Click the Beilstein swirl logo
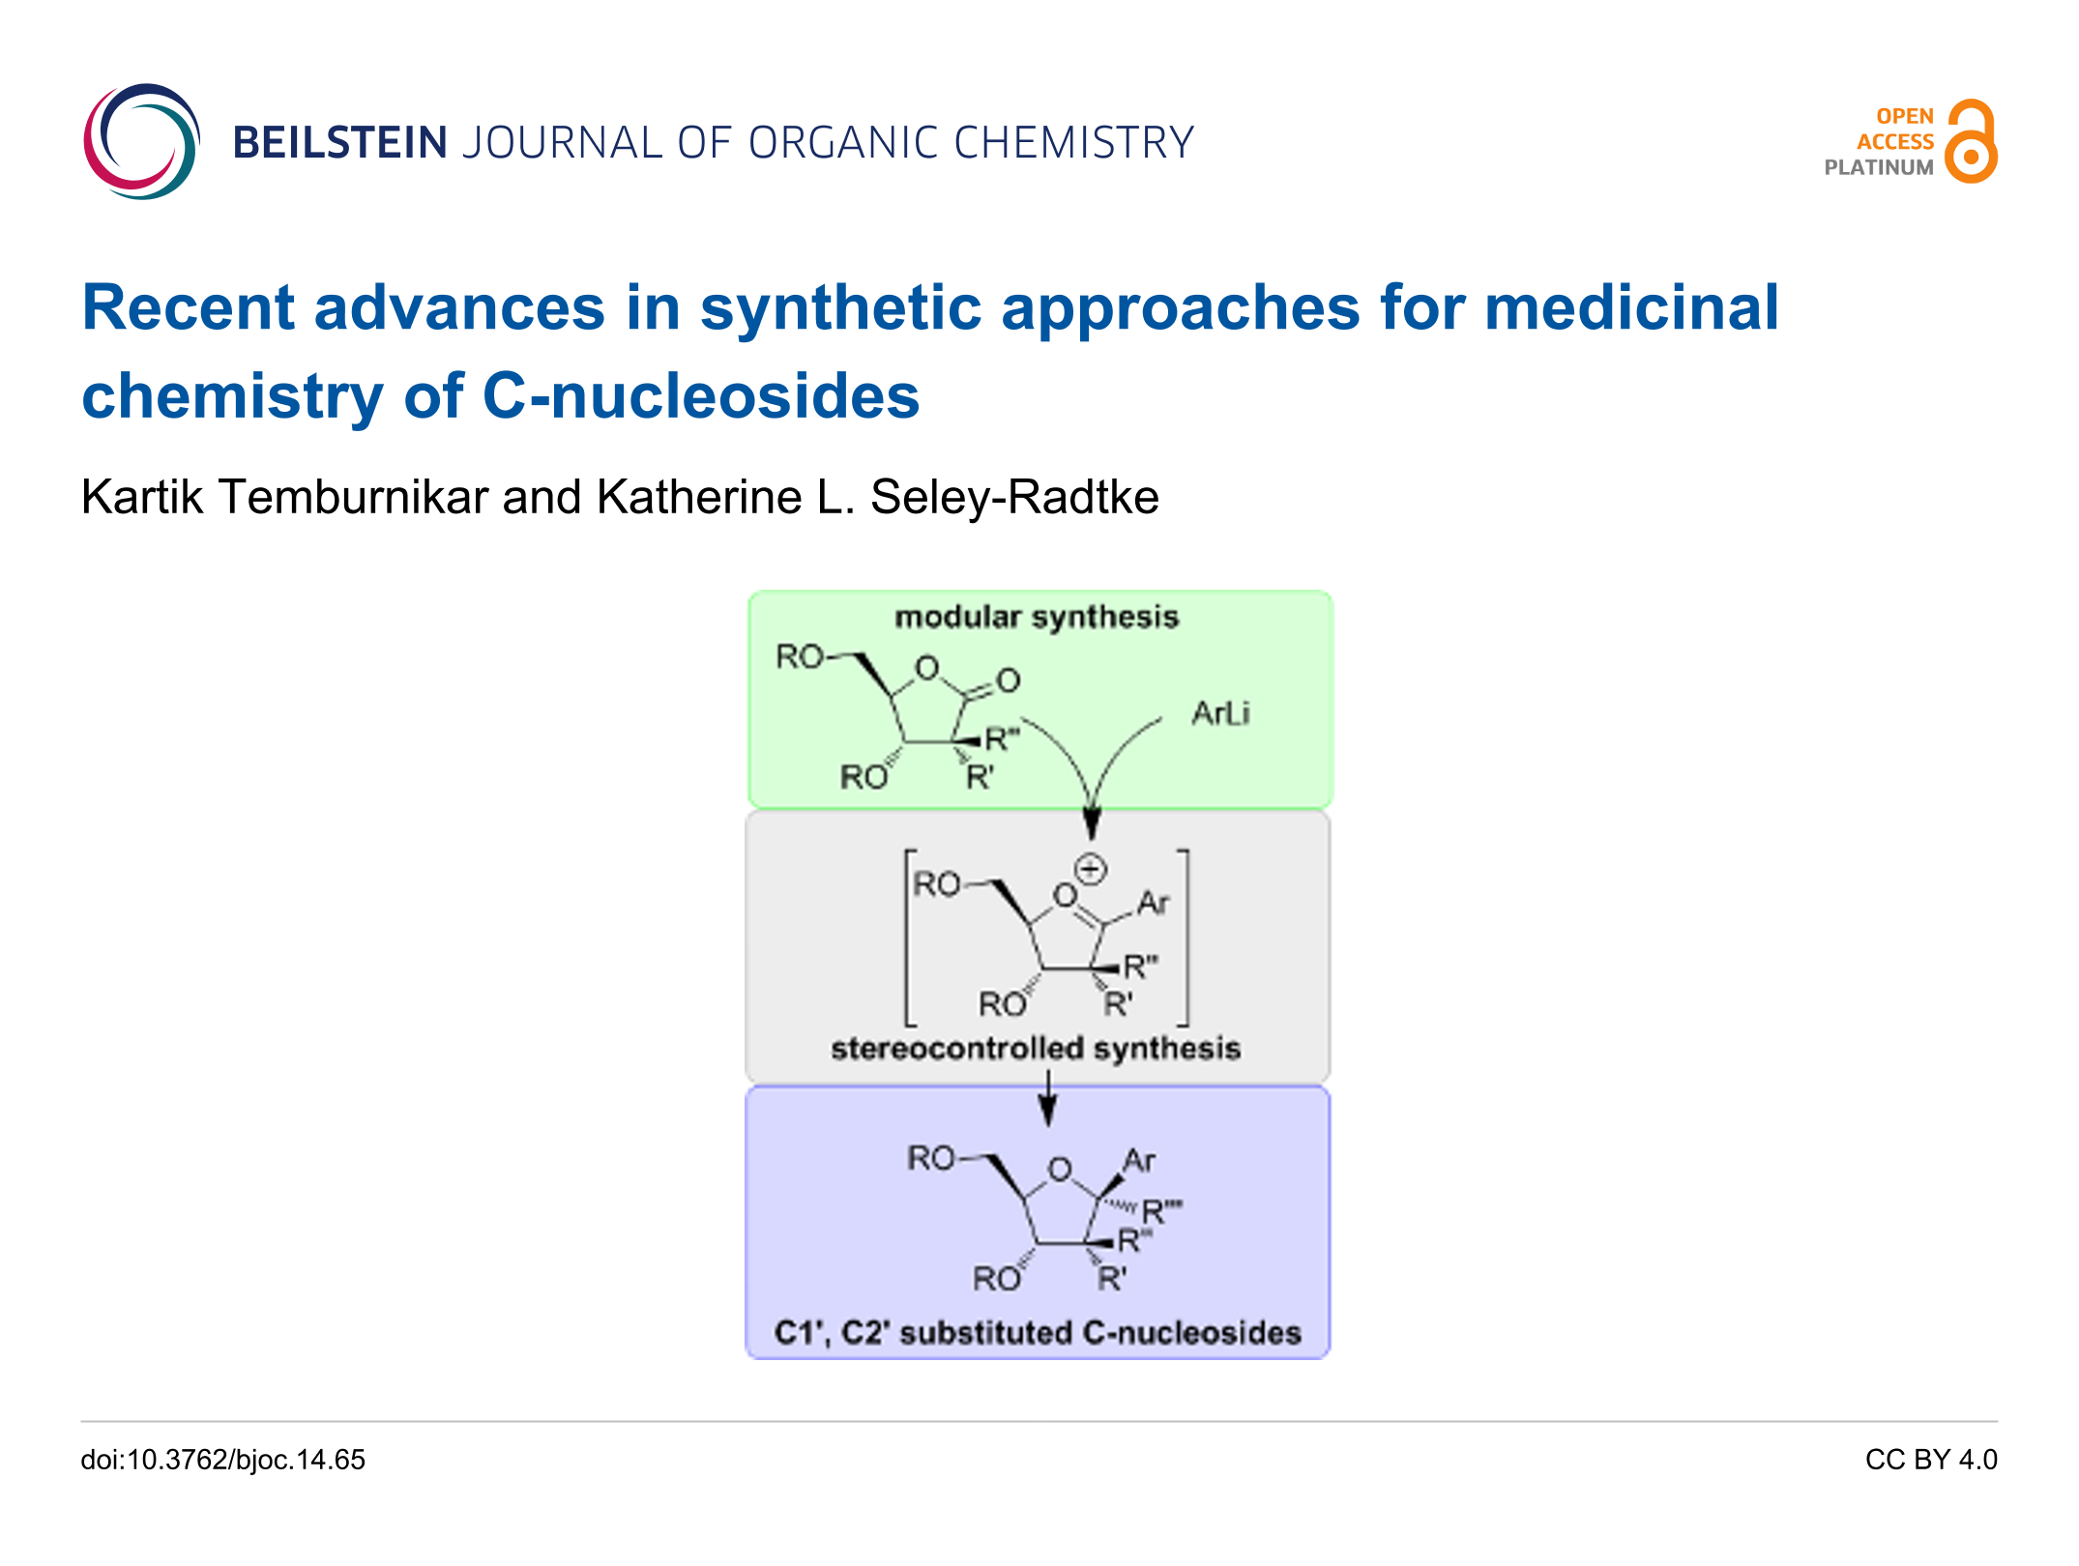pos(141,141)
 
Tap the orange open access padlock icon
pos(1971,141)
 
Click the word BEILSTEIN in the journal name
pos(339,143)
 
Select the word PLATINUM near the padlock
pos(1878,167)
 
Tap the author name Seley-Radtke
pos(1014,498)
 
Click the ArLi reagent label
pos(1220,713)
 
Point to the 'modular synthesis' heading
pos(1037,617)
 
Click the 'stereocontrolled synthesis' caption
pos(1036,1048)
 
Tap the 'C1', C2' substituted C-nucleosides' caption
pos(1038,1332)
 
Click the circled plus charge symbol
pos(1090,869)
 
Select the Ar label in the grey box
pos(1153,903)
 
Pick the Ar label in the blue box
pos(1139,1161)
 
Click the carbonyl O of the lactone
pos(1009,681)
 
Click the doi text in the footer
pos(223,1460)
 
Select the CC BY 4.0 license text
pos(1930,1460)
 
